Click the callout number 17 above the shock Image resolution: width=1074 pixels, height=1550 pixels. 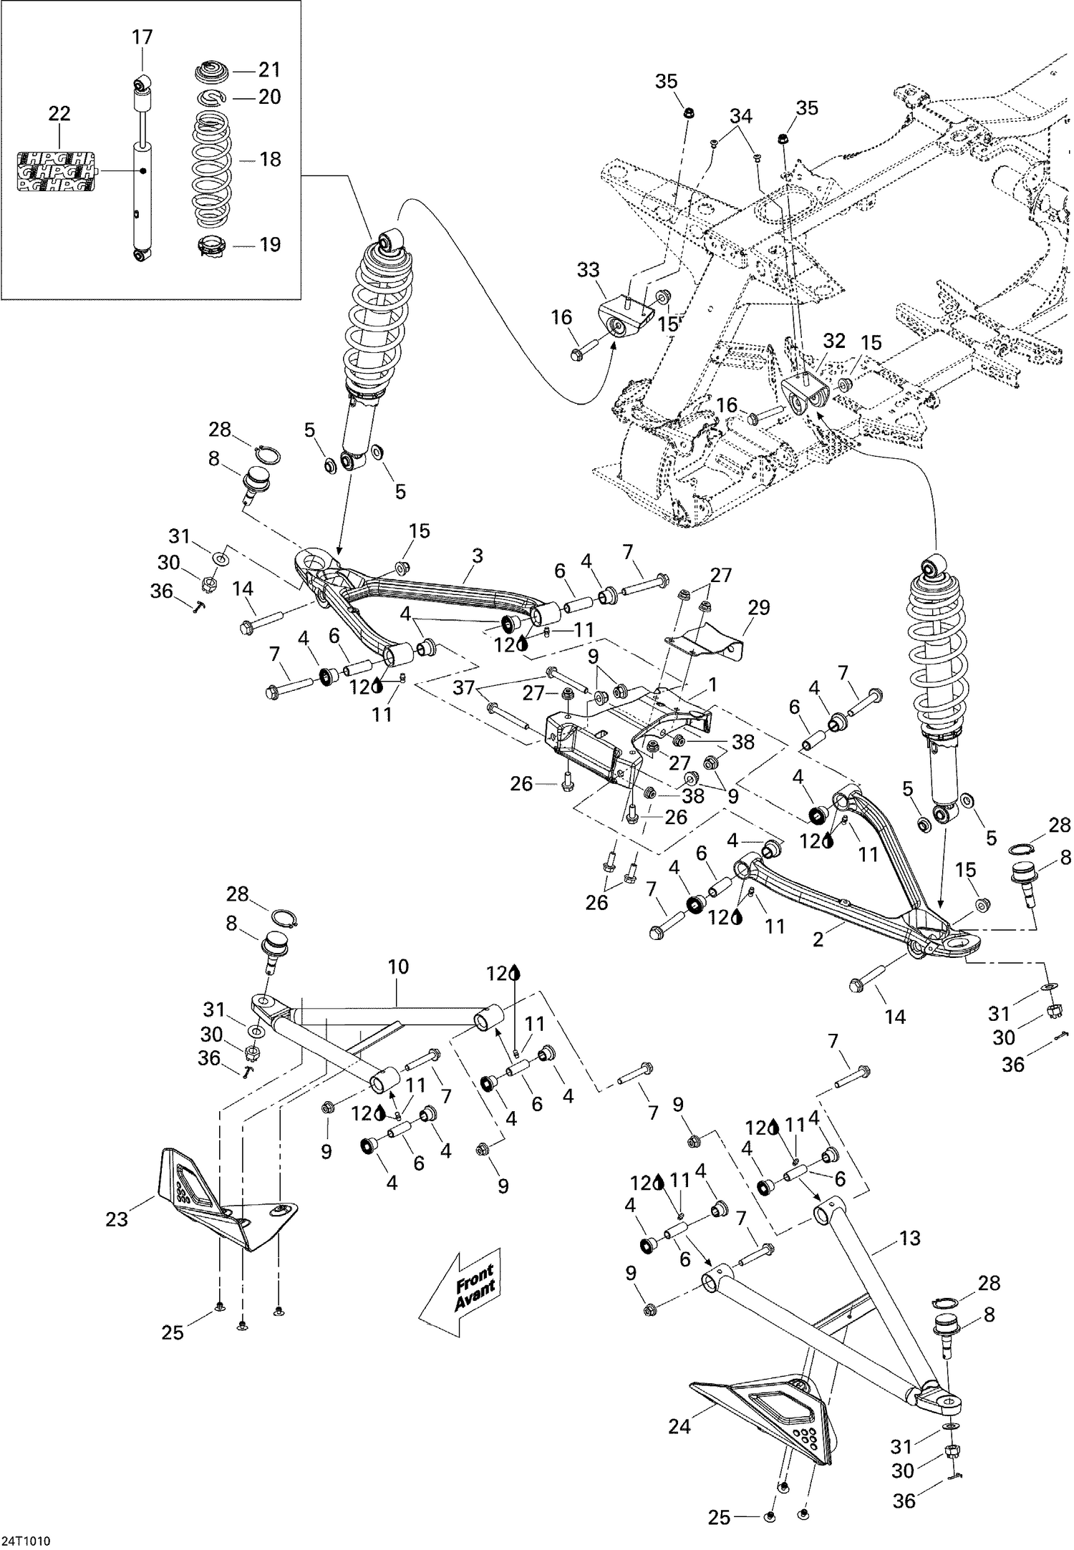tap(142, 37)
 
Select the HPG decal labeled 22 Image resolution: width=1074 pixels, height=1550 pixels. tap(56, 172)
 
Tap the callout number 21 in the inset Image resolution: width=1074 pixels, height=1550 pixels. tap(269, 70)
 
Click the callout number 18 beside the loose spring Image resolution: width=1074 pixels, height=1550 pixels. tap(270, 159)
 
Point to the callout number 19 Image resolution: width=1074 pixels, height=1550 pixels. tap(270, 245)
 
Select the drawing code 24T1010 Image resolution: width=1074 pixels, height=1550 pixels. tap(26, 1536)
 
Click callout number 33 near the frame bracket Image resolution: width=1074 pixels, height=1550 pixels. tap(589, 270)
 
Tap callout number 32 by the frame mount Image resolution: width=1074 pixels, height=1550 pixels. tap(835, 341)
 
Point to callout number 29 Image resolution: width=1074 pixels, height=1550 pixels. tap(759, 608)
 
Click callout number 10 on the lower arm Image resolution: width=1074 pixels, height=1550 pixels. tap(398, 967)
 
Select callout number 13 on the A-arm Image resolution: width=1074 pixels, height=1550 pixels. tap(910, 1238)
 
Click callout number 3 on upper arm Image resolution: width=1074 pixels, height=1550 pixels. tap(478, 556)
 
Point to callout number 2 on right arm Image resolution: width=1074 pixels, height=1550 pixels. tap(818, 939)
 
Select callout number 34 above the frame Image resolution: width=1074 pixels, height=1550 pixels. tap(741, 115)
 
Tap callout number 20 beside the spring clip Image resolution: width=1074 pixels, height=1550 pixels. tap(269, 97)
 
